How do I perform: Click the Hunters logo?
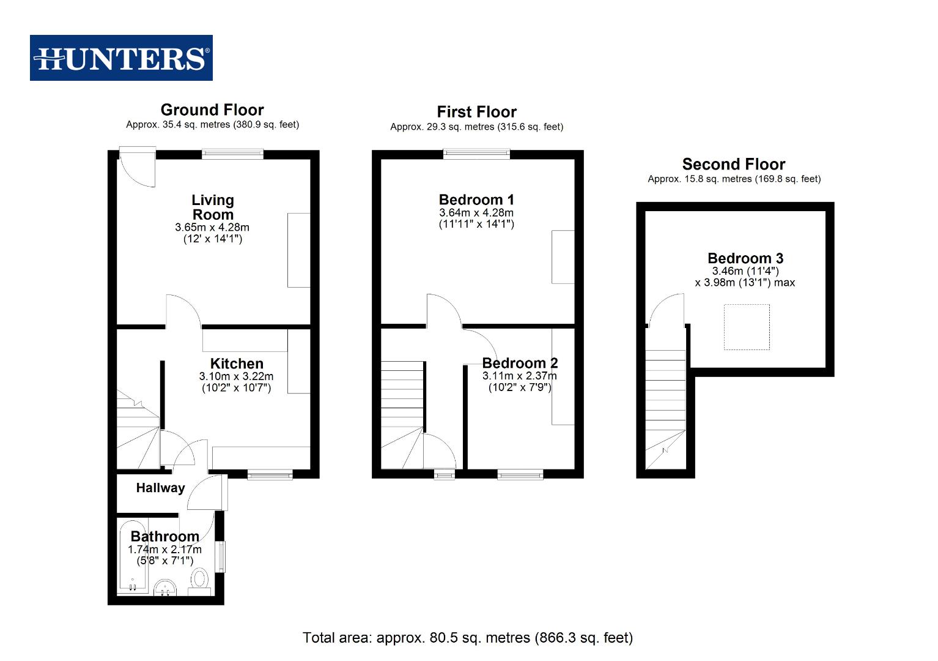(121, 58)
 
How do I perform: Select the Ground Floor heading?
(212, 110)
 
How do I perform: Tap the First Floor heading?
(476, 112)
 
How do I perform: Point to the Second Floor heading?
(733, 165)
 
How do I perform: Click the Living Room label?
(212, 207)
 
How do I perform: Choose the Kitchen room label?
(237, 364)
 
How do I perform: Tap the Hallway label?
(160, 488)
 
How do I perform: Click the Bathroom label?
(164, 537)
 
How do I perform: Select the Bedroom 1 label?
(476, 200)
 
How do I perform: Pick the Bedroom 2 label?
(520, 364)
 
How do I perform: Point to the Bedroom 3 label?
(745, 258)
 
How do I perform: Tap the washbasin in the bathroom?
(164, 588)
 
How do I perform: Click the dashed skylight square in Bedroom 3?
(747, 327)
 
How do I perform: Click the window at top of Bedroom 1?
(476, 154)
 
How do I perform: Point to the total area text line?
(468, 638)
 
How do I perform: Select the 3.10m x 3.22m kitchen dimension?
(236, 376)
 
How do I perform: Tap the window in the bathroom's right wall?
(221, 556)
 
